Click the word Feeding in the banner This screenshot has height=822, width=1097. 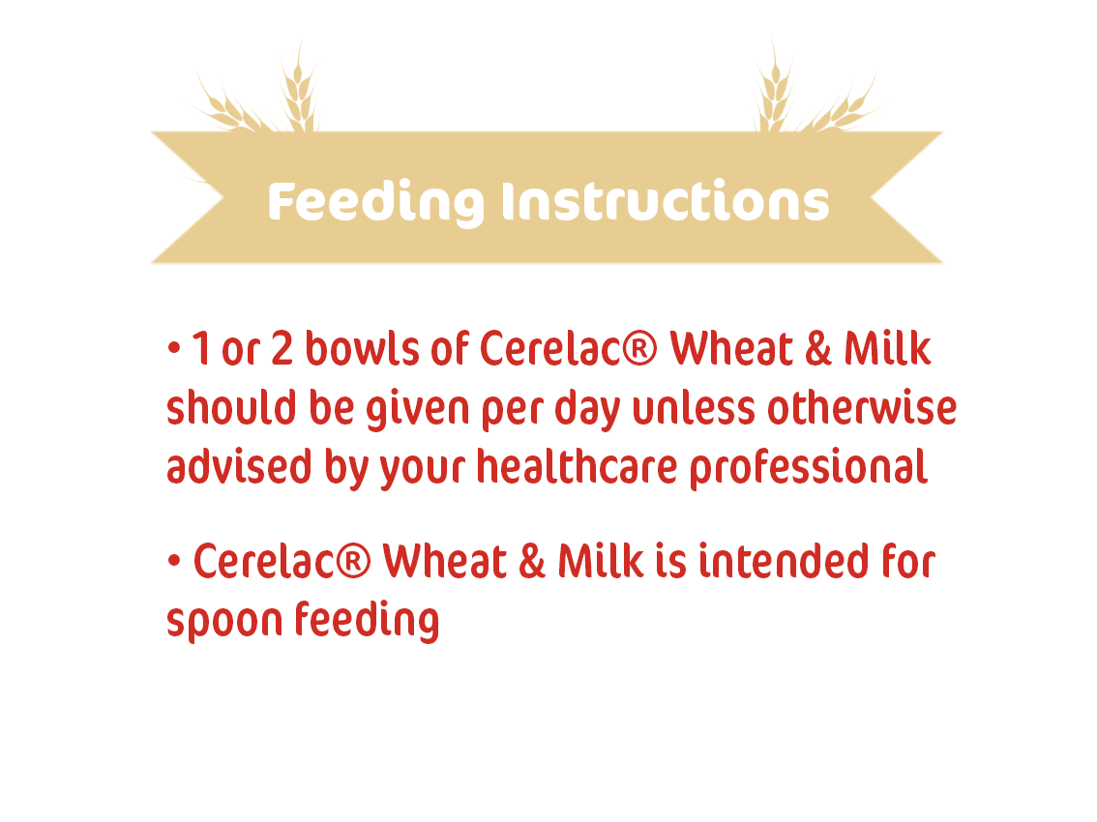[375, 203]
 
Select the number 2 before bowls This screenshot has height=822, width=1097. [282, 348]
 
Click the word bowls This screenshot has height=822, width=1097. [362, 348]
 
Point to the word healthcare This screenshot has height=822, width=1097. [578, 467]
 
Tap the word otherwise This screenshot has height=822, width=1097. [862, 407]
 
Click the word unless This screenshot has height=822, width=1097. [694, 408]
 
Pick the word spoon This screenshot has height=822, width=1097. [223, 621]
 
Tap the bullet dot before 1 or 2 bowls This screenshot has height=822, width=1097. [174, 347]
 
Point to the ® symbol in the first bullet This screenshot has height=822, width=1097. [638, 348]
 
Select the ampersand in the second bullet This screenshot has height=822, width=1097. [532, 561]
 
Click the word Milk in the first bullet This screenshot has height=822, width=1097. [887, 348]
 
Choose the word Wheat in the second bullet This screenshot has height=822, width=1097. [444, 561]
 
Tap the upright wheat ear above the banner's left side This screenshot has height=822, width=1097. [300, 87]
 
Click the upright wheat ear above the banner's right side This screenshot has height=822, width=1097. [775, 87]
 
